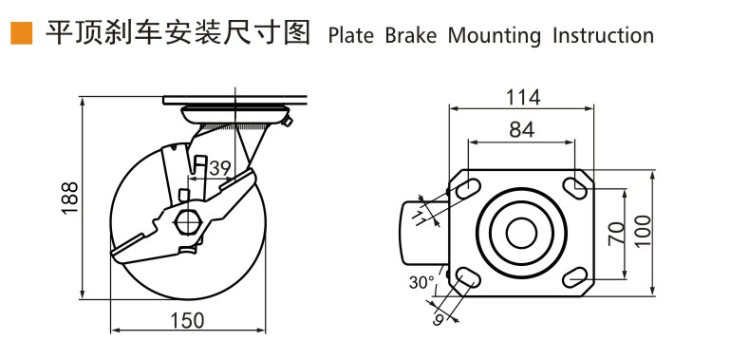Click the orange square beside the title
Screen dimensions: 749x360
(21, 33)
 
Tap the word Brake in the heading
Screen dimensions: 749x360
(411, 36)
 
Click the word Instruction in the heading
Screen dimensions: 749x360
(603, 36)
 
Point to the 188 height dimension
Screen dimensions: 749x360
(70, 198)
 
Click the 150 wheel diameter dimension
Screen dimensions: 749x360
(187, 321)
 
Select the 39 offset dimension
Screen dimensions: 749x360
(220, 168)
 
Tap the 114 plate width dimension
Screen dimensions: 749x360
(523, 98)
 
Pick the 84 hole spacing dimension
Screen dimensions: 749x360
(521, 129)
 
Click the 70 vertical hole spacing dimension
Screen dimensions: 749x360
(617, 234)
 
